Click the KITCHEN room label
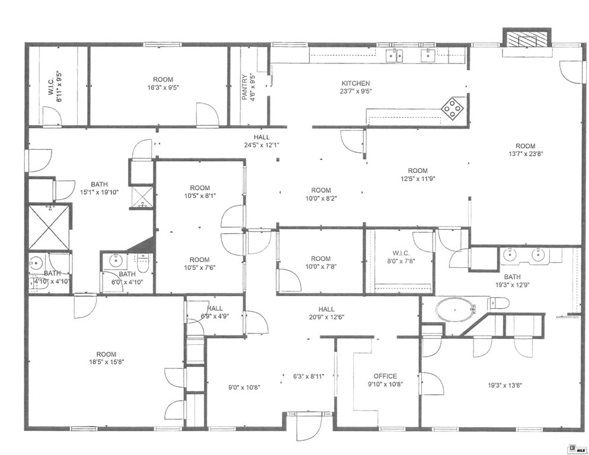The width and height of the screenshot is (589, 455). (x=356, y=83)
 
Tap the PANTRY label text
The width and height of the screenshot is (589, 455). (x=245, y=88)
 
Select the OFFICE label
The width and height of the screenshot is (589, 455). (x=385, y=376)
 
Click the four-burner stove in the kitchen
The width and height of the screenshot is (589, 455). (x=452, y=108)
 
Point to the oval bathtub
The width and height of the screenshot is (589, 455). (x=454, y=310)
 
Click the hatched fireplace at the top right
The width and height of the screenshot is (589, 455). (x=527, y=39)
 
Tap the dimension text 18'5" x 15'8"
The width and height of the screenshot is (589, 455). (x=107, y=362)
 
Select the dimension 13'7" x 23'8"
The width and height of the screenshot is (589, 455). (x=526, y=153)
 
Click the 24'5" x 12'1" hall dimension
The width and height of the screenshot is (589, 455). (x=261, y=145)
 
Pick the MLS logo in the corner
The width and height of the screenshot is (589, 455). (x=578, y=448)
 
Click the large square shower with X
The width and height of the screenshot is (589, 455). (x=49, y=227)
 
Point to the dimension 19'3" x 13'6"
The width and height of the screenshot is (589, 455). (x=505, y=385)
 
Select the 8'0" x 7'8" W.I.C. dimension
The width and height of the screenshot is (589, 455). (x=401, y=261)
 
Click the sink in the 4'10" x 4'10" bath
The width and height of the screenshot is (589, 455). (x=36, y=262)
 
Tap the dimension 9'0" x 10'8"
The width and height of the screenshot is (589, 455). (x=245, y=387)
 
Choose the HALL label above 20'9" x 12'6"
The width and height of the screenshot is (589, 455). (x=326, y=309)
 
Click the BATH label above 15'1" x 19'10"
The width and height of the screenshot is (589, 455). (x=99, y=184)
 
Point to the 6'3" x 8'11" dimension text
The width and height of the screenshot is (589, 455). (x=309, y=376)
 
